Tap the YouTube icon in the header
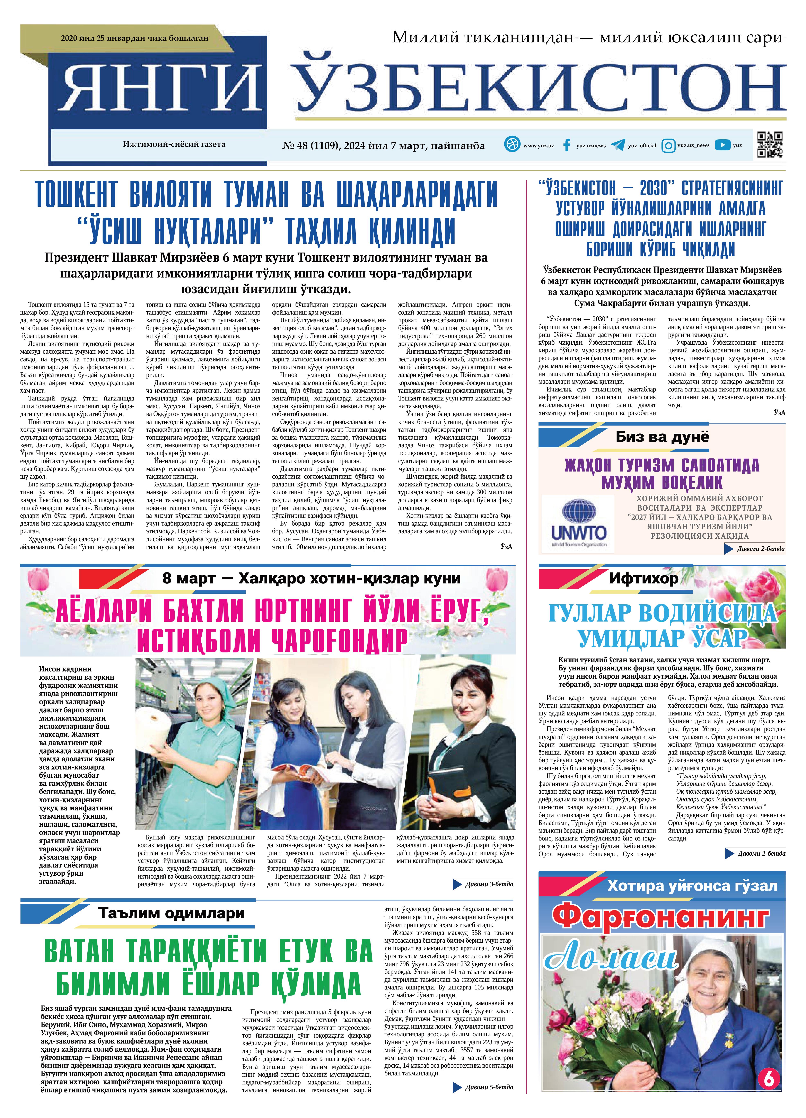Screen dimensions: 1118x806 (722, 145)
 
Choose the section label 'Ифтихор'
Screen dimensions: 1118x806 (643, 578)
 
